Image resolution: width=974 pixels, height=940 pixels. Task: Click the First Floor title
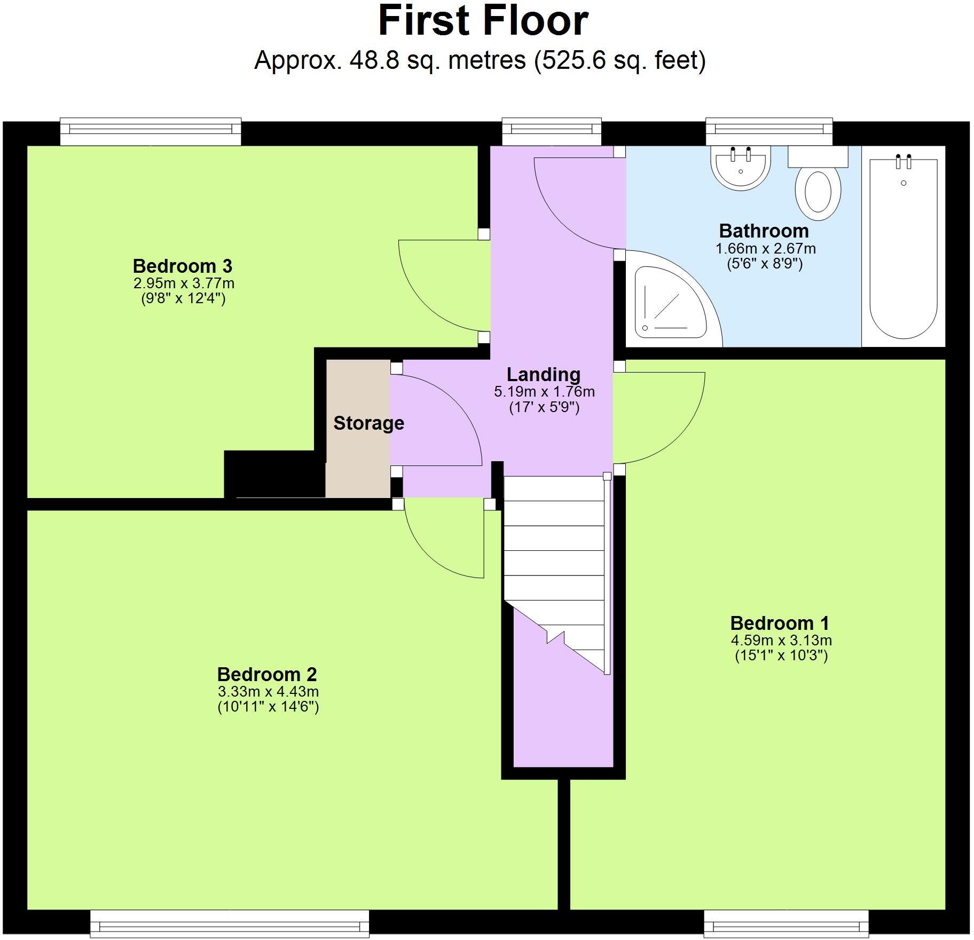coord(483,21)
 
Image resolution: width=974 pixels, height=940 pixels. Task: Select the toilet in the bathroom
coord(818,189)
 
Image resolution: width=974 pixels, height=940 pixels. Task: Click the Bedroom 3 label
coord(182,266)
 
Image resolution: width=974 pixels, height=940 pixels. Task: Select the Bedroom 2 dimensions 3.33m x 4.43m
coord(268,692)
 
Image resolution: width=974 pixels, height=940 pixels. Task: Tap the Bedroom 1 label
coord(779,623)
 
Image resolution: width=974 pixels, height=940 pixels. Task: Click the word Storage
coord(368,423)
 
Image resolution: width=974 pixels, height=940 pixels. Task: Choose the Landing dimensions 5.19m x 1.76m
coord(544,392)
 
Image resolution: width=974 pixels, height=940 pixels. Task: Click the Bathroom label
coord(764,231)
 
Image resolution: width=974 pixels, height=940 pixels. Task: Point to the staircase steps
coord(554,550)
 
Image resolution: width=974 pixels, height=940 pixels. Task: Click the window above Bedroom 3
coord(150,131)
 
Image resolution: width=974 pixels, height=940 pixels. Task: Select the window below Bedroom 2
coord(230,923)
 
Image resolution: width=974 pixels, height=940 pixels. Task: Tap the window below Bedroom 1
coord(786,923)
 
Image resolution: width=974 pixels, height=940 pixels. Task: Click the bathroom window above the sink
coord(769,131)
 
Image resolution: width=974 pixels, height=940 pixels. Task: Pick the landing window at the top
coord(552,131)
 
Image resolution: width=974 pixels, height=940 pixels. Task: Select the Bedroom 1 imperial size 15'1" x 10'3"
coord(781,655)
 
